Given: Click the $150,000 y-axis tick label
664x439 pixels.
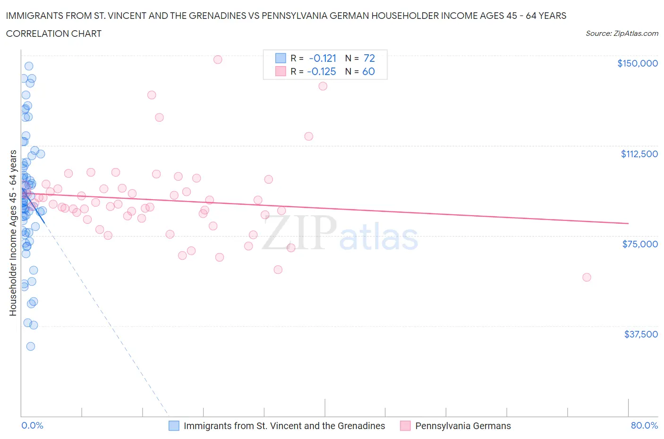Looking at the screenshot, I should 637,63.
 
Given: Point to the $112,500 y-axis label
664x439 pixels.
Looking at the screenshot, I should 639,154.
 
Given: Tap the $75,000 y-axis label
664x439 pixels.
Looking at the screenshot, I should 639,244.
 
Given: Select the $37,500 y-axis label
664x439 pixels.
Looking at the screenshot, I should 640,334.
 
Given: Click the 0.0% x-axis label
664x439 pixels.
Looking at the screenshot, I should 32,425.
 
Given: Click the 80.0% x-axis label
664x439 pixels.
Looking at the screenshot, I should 644,425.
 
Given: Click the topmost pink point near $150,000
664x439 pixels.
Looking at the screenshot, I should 218,59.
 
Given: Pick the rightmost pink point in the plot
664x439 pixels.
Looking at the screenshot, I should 587,277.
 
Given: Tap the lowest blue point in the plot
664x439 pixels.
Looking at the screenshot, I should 31,346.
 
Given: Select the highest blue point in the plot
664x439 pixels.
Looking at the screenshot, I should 29,66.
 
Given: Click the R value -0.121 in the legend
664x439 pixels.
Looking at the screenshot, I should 323,58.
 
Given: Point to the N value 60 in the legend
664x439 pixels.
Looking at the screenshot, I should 368,71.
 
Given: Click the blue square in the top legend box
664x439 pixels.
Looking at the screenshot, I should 281,58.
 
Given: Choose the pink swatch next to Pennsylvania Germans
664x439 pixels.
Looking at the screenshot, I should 405,426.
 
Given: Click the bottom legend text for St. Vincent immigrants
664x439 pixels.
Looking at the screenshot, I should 284,426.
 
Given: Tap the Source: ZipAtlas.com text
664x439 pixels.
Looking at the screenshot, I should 621,34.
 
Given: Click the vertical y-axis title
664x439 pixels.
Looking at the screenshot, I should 13,233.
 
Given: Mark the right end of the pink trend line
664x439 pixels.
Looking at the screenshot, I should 628,223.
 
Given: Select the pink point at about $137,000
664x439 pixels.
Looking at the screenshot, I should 323,86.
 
